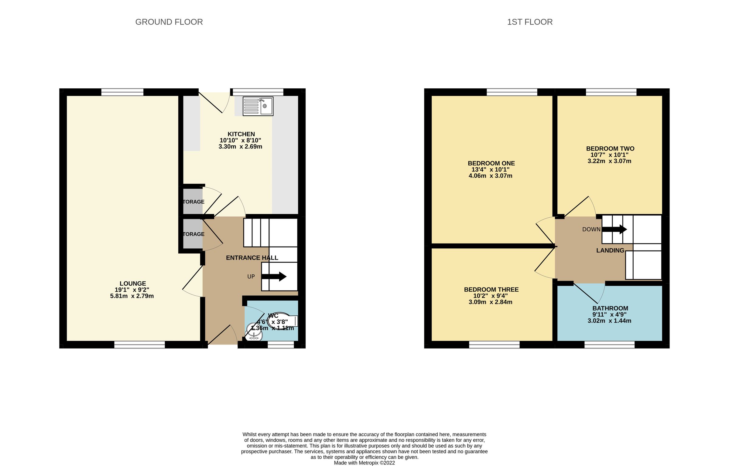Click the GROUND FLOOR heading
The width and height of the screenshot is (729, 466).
pos(169,22)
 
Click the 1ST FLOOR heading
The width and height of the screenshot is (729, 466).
pos(529,22)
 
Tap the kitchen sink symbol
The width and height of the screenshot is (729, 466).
pos(258,106)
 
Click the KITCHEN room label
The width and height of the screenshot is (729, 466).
pos(241,134)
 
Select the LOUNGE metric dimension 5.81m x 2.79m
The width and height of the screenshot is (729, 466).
pos(132,296)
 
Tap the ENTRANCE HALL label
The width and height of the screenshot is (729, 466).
pos(252,258)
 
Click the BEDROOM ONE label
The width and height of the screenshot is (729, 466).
pos(491,163)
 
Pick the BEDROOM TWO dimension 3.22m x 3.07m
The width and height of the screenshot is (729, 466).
pos(609,161)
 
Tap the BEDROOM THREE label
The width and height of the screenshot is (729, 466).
pos(491,290)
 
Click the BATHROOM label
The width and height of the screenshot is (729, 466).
pos(610,308)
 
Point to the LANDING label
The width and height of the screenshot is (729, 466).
pos(610,250)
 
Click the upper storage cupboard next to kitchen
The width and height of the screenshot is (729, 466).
pos(193,201)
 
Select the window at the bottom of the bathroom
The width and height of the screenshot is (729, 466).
pos(609,345)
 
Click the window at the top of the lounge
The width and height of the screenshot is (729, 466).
pos(122,92)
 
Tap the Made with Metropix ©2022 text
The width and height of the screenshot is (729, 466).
pos(364,463)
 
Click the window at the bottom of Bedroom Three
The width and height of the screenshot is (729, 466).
pos(494,345)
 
